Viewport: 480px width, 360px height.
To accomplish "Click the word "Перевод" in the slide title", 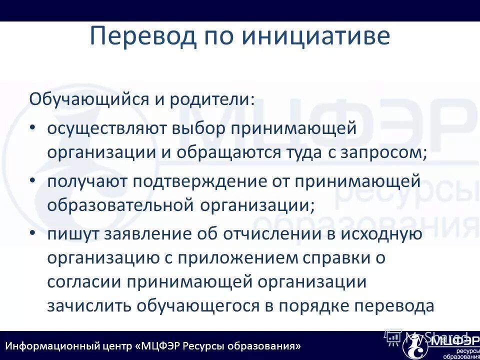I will pos(143,37).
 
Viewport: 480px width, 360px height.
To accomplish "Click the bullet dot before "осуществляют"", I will pos(32,127).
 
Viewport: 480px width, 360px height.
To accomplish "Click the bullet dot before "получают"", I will pos(32,180).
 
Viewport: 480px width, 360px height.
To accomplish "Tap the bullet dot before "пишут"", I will pos(32,232).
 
